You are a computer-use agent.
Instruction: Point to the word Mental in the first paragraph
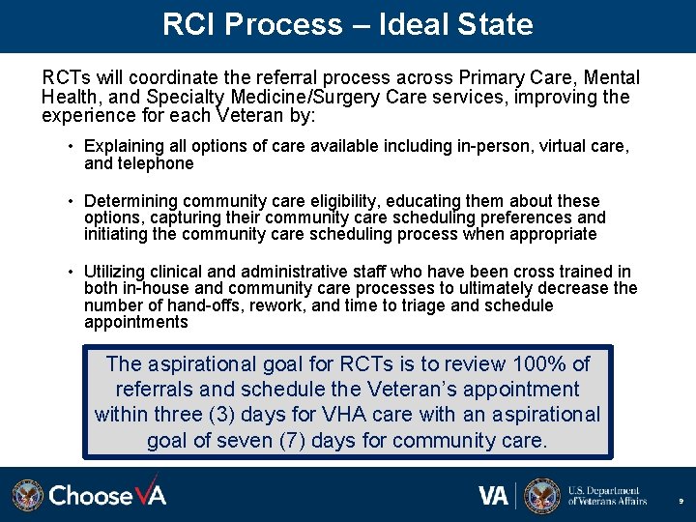[x=611, y=77]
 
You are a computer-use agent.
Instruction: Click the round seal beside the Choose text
[x=28, y=495]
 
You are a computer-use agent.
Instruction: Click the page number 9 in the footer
[x=681, y=502]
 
